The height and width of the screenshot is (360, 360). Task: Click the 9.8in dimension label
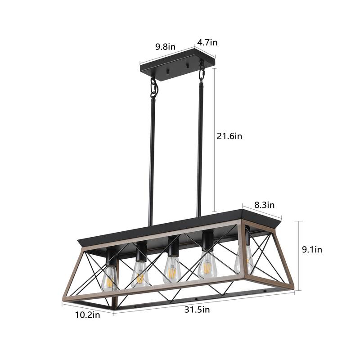[x=165, y=46]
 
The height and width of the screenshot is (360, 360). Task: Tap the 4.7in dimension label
[x=207, y=43]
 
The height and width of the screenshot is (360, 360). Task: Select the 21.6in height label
[x=229, y=135]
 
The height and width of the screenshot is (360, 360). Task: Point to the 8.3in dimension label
[x=265, y=205]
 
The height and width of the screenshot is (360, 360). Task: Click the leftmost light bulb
[x=109, y=277]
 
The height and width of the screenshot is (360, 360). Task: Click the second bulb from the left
[x=140, y=274]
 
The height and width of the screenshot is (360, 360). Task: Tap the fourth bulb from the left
[x=207, y=266]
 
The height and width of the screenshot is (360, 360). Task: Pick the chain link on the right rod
[x=202, y=72]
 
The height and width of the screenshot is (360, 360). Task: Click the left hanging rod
[x=152, y=162]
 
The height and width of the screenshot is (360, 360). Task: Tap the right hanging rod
[x=199, y=148]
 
